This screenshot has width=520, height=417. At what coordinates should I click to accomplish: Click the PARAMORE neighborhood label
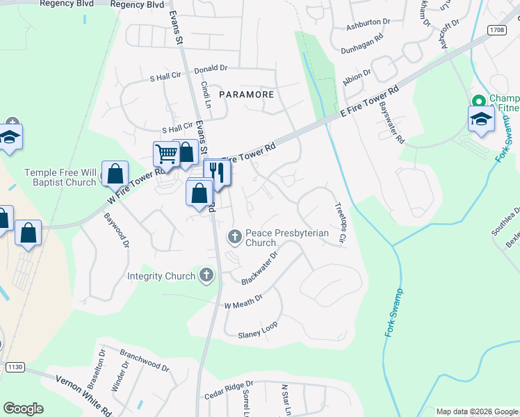click(x=247, y=94)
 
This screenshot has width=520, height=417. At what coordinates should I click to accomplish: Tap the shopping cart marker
click(x=165, y=152)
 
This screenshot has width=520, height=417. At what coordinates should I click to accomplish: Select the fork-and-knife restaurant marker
click(x=218, y=172)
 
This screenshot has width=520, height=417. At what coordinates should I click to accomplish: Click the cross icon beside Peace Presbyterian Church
click(x=235, y=238)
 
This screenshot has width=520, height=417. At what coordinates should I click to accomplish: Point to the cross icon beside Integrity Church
click(x=205, y=276)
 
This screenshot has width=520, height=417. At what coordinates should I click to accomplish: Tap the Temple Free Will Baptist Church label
click(x=60, y=177)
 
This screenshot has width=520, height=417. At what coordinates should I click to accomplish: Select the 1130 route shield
click(x=15, y=366)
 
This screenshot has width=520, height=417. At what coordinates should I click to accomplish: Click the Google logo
click(x=23, y=409)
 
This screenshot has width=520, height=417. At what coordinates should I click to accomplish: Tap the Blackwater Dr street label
click(x=259, y=268)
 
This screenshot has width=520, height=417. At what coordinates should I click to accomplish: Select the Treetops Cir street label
click(x=340, y=222)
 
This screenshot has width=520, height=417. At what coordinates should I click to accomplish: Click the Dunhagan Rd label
click(x=361, y=48)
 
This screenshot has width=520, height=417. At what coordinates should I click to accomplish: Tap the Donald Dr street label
click(x=211, y=69)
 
